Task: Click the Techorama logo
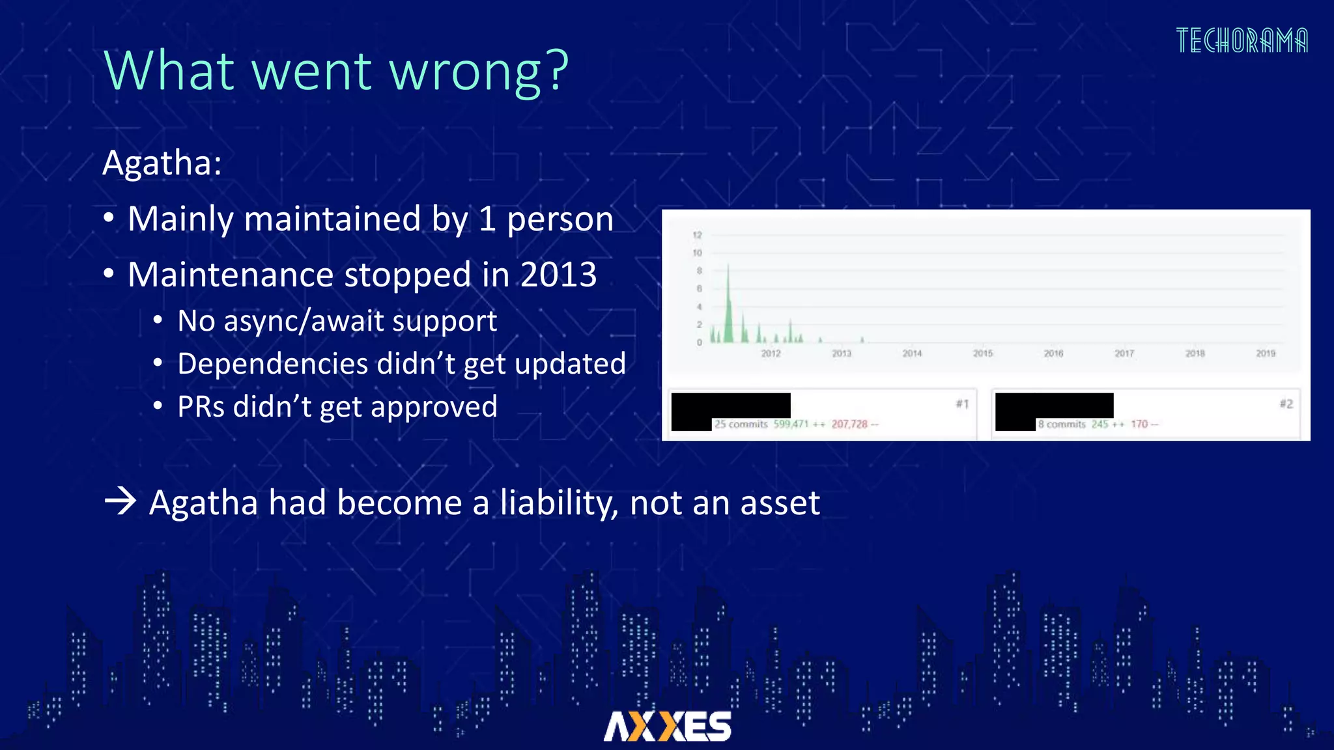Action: click(1242, 40)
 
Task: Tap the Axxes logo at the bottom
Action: click(667, 726)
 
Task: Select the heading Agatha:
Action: click(162, 162)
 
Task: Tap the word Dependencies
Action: click(273, 363)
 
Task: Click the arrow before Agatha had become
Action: click(121, 502)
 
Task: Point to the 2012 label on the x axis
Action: click(771, 354)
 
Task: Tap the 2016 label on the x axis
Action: click(1053, 354)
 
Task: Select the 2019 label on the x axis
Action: click(1265, 354)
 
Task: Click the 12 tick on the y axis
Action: click(697, 235)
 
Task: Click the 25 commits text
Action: click(741, 424)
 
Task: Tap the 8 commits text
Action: click(1062, 424)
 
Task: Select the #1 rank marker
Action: click(962, 404)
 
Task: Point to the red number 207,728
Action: click(849, 424)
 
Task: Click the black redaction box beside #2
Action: click(1054, 406)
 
